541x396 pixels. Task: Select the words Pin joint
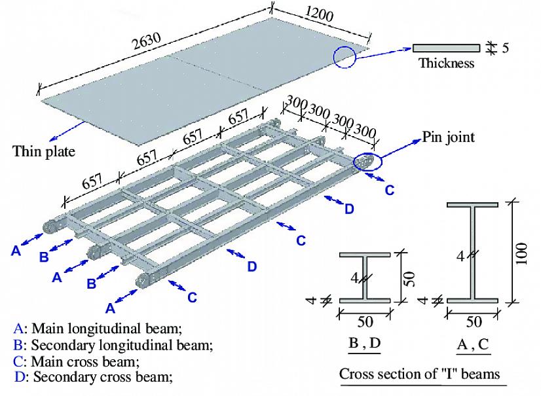pyautogui.click(x=449, y=137)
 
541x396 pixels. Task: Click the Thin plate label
pyautogui.click(x=44, y=152)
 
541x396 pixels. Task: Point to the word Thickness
pyautogui.click(x=446, y=63)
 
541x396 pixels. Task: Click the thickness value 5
pyautogui.click(x=505, y=48)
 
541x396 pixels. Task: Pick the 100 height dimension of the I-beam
pyautogui.click(x=521, y=252)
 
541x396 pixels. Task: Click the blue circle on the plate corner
pyautogui.click(x=344, y=57)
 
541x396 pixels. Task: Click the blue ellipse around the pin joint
pyautogui.click(x=364, y=162)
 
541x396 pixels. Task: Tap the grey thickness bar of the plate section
pyautogui.click(x=446, y=48)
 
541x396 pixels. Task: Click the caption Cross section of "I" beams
pyautogui.click(x=419, y=374)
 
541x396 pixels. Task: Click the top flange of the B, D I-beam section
pyautogui.click(x=365, y=254)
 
